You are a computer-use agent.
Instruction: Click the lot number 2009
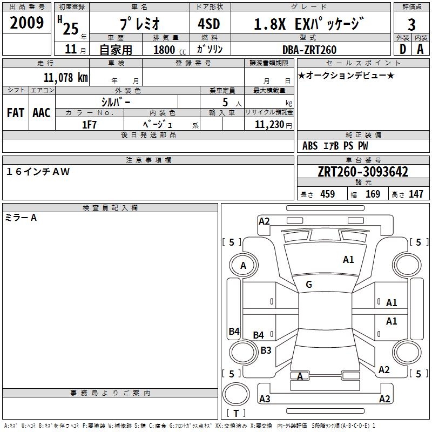click(27, 23)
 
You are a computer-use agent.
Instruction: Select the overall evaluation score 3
click(411, 25)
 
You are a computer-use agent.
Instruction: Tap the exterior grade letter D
click(402, 49)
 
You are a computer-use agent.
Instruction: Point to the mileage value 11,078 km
click(65, 77)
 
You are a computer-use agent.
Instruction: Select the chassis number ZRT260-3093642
click(363, 172)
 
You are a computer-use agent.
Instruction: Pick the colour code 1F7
click(89, 124)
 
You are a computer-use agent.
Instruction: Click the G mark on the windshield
click(309, 285)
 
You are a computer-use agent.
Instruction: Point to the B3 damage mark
click(266, 350)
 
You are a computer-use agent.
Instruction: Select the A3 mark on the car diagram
click(265, 399)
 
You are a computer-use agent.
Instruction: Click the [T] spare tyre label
click(236, 414)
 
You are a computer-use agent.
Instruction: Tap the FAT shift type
click(15, 113)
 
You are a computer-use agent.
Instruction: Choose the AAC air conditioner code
click(41, 113)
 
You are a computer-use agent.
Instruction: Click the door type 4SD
click(209, 24)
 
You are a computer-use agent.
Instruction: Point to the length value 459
click(327, 194)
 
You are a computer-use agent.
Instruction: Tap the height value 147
click(416, 194)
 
